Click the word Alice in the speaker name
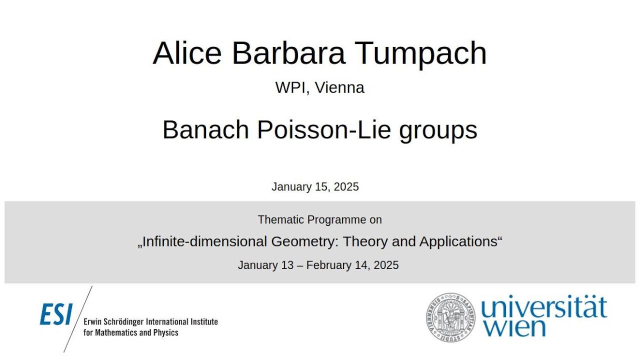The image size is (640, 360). pyautogui.click(x=187, y=52)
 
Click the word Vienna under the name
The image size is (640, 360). pyautogui.click(x=339, y=87)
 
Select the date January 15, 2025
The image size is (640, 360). pyautogui.click(x=315, y=187)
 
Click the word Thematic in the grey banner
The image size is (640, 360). pyautogui.click(x=280, y=219)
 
